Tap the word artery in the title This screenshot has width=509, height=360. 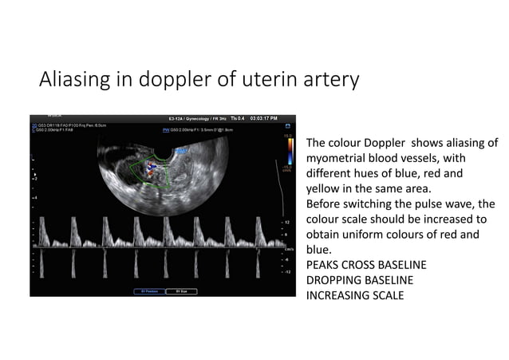click(332, 81)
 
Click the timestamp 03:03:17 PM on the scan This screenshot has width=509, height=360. click(263, 118)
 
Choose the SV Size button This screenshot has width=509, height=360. click(182, 291)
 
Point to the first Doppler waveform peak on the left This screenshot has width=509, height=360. click(45, 220)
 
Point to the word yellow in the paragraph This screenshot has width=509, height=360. click(322, 189)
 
